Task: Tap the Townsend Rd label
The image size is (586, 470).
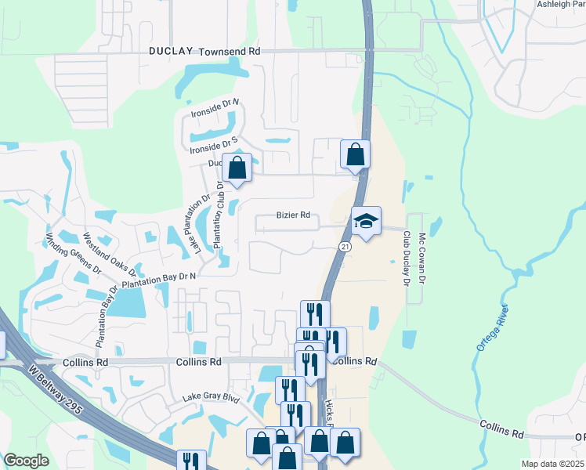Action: click(229, 51)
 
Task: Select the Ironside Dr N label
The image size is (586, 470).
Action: click(215, 108)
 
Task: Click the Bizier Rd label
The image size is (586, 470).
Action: click(293, 215)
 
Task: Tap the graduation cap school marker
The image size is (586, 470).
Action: click(365, 222)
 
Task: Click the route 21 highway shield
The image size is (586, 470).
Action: click(344, 247)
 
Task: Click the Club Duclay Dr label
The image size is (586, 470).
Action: click(407, 258)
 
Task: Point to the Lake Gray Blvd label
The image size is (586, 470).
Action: click(210, 397)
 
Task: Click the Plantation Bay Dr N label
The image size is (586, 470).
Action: click(158, 279)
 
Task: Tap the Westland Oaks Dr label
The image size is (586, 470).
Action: click(110, 253)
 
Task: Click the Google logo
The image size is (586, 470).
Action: click(26, 461)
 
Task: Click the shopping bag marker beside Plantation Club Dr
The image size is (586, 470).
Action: click(237, 168)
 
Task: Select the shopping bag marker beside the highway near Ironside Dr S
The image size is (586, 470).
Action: click(355, 154)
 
